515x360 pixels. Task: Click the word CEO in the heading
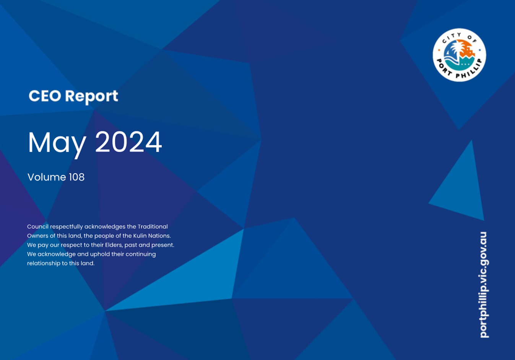(45, 96)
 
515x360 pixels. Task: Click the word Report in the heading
(91, 97)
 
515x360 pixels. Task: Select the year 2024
(128, 142)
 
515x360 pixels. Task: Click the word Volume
(47, 177)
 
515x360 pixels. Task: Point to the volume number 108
(76, 177)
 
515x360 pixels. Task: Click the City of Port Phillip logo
(459, 55)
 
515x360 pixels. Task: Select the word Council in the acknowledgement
(38, 226)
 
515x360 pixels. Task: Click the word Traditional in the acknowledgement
(153, 226)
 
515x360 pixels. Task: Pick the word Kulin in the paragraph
(140, 236)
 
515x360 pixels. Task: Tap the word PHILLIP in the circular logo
(470, 71)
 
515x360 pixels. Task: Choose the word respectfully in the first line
(66, 227)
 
